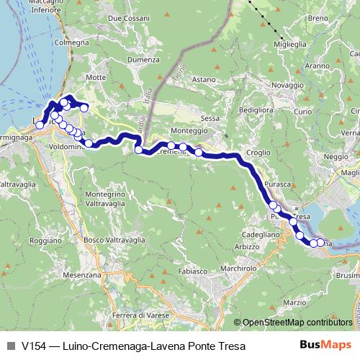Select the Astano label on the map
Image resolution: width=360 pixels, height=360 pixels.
204,79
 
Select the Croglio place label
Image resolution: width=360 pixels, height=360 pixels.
258,153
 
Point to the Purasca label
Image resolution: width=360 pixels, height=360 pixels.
278,185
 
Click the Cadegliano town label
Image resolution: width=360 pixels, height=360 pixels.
260,235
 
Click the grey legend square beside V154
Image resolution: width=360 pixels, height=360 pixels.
10,346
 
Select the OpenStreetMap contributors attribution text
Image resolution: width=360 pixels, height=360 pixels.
297,322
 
